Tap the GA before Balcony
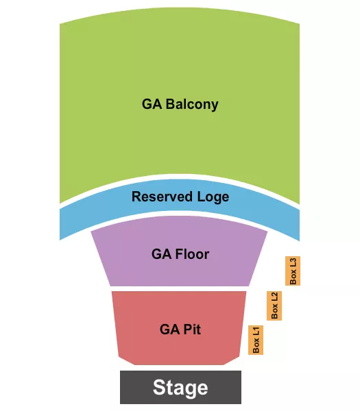tap(151, 105)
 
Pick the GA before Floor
tap(160, 254)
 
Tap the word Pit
tap(191, 329)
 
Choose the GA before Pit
tap(169, 329)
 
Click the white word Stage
tap(180, 388)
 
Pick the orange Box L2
tap(274, 306)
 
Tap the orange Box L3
tap(293, 271)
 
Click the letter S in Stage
tap(158, 388)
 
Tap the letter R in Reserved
tap(136, 197)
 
